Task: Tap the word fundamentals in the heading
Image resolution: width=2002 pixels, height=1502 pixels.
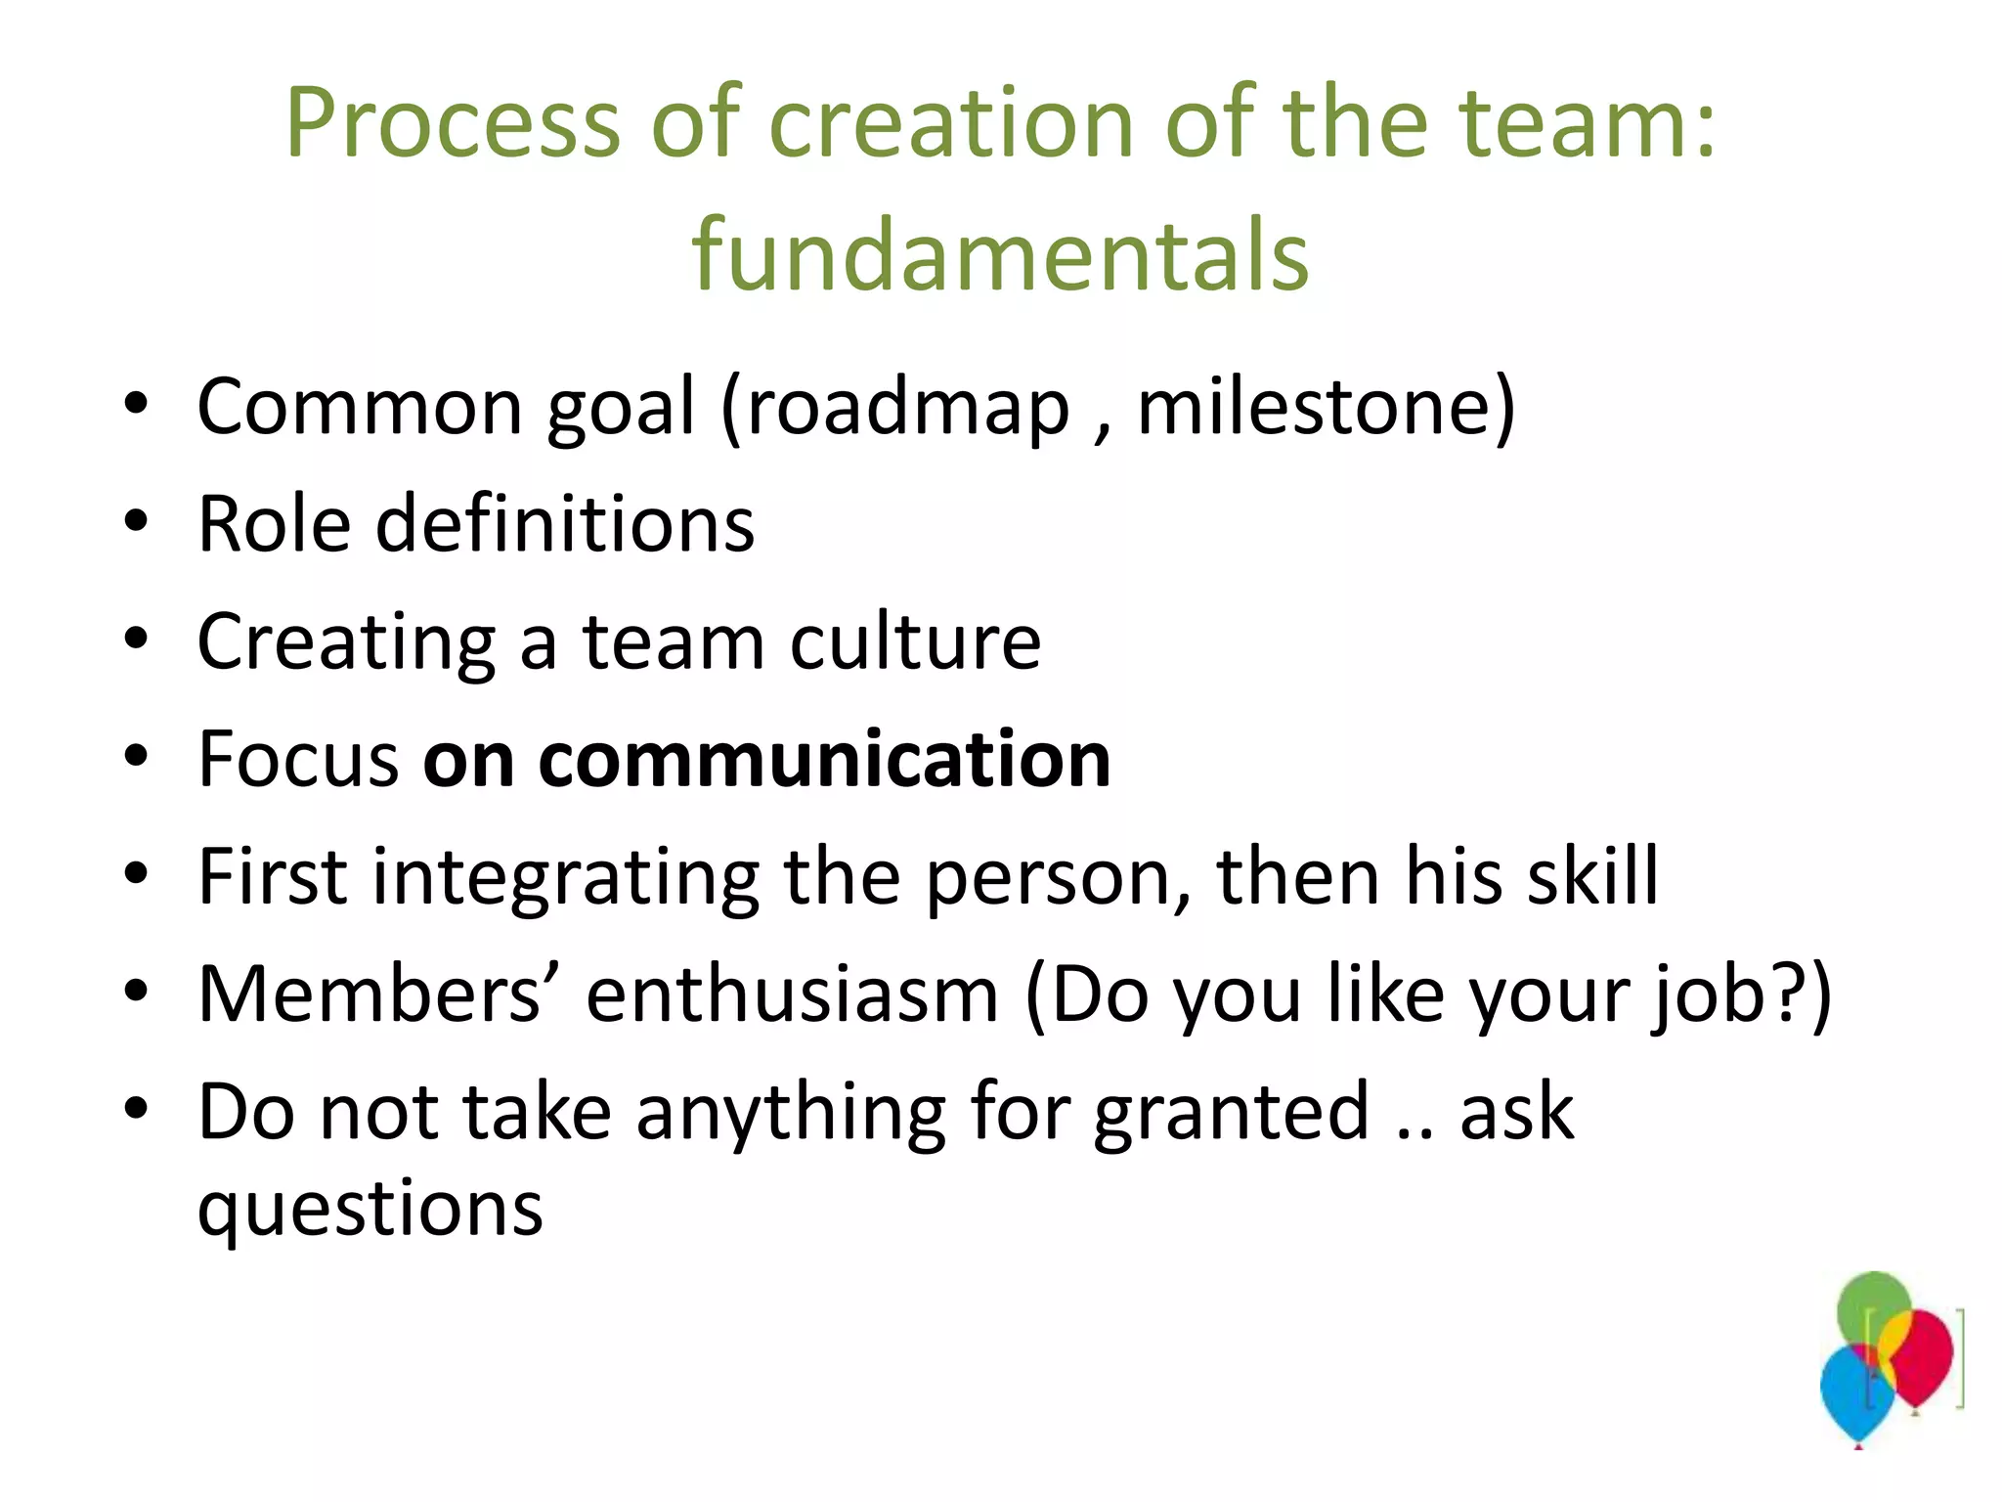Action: [x=999, y=254]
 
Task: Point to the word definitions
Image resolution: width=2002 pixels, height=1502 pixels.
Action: [x=565, y=524]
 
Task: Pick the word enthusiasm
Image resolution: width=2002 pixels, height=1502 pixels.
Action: [x=792, y=994]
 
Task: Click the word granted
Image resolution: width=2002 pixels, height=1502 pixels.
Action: [x=1231, y=1113]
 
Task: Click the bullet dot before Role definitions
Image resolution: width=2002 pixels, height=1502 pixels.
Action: [x=136, y=521]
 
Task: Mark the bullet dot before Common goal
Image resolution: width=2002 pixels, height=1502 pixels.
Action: [x=136, y=403]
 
